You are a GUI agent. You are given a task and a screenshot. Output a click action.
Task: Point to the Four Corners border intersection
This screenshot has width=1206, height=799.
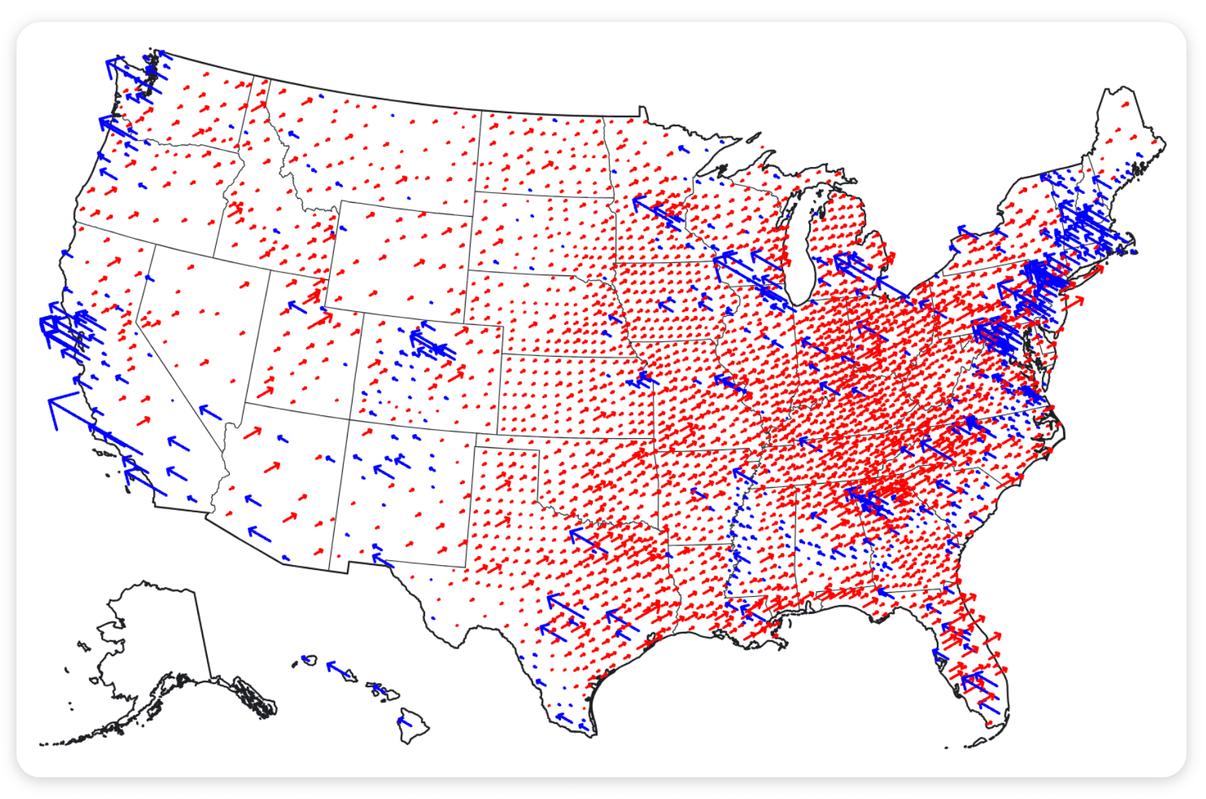349,419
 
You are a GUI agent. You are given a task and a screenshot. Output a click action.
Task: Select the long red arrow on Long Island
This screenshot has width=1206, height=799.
1073,302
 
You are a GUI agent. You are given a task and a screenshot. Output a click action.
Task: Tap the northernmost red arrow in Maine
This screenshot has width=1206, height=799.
1125,105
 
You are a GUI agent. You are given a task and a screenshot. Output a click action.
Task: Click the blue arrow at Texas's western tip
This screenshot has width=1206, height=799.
382,560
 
